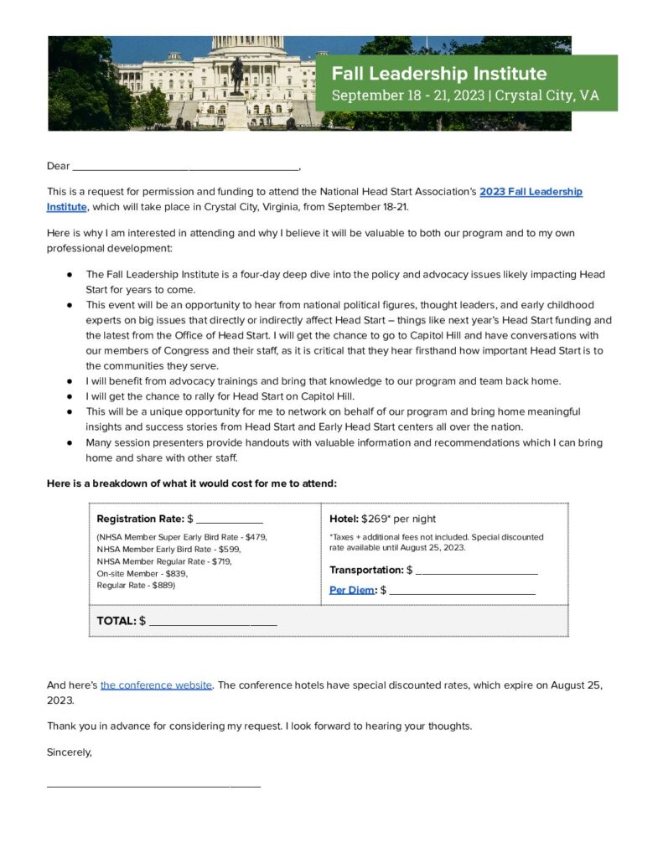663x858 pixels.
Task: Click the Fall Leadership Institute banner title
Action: (438, 73)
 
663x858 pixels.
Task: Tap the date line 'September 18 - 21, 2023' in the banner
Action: (407, 95)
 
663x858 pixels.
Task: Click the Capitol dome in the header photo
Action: (237, 43)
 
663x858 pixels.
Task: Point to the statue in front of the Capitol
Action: (237, 75)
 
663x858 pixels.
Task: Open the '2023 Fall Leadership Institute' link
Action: (531, 192)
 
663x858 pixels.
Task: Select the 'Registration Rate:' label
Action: (140, 519)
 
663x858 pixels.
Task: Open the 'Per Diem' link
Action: (352, 590)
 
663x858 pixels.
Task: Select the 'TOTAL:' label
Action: (116, 621)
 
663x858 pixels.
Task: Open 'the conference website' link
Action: (156, 685)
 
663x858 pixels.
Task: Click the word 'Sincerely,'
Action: (70, 752)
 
